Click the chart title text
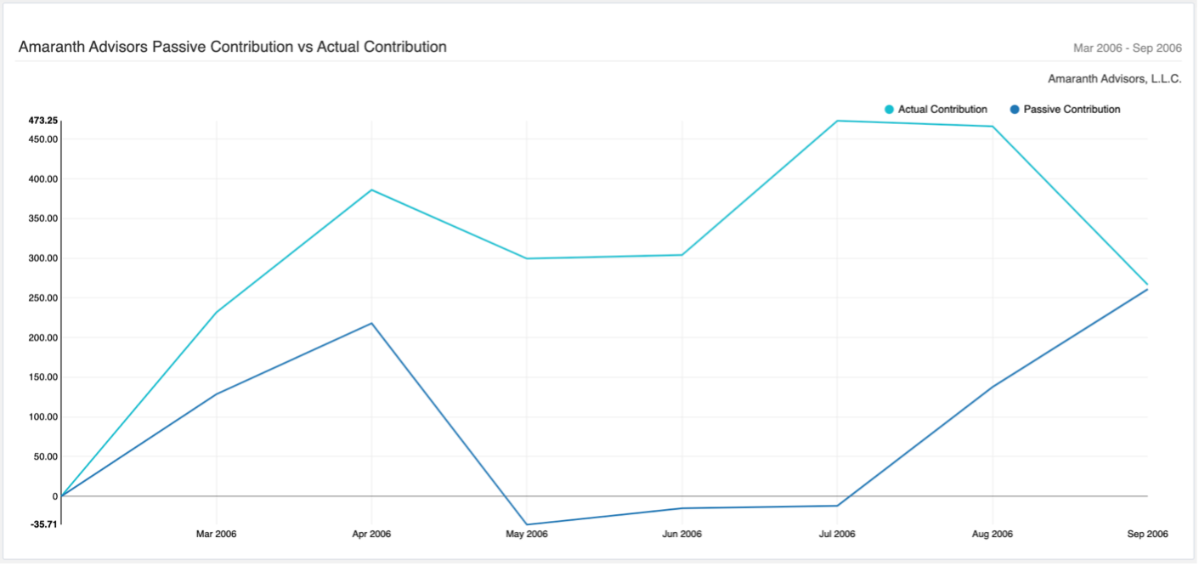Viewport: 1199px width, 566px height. tap(232, 47)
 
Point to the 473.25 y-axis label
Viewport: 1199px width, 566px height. tap(42, 121)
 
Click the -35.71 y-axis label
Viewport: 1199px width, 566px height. tap(43, 524)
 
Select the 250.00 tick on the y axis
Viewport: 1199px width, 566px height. tap(42, 298)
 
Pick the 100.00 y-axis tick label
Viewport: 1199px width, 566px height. tap(42, 417)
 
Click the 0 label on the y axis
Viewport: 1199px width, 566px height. tap(54, 496)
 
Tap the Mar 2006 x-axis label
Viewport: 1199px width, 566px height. tap(216, 535)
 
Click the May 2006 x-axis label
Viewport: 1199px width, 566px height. tap(527, 535)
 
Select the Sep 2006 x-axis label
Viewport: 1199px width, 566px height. tap(1147, 535)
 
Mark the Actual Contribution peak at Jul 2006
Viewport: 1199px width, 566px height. tap(837, 121)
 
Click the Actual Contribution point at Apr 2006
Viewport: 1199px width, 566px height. tap(371, 190)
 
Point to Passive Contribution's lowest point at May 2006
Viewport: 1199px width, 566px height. tap(527, 524)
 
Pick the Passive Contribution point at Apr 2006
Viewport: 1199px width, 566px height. tap(371, 323)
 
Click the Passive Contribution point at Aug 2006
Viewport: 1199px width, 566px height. tap(993, 387)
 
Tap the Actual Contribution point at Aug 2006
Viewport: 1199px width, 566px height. tap(993, 127)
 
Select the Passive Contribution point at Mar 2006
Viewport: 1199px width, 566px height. tap(216, 394)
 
